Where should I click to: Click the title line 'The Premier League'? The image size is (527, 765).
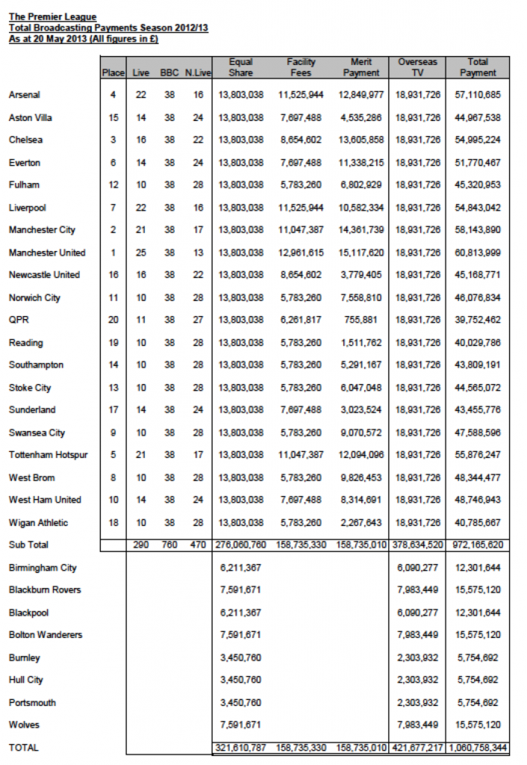click(x=52, y=16)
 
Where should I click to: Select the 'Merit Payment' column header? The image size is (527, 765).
click(x=361, y=67)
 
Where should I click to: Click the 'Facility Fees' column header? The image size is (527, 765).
click(x=301, y=67)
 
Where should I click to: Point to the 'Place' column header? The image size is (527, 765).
click(x=113, y=72)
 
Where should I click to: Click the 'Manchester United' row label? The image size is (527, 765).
click(x=47, y=253)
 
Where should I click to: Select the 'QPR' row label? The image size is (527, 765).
click(x=19, y=320)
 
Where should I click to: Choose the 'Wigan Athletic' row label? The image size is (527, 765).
click(x=40, y=522)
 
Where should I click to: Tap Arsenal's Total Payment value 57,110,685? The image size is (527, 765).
click(x=478, y=95)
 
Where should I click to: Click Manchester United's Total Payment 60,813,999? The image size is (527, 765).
click(x=478, y=253)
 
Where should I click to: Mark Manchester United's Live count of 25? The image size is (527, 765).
click(x=140, y=253)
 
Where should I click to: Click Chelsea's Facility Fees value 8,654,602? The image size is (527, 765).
click(x=301, y=140)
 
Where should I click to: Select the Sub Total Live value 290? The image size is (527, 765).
click(x=140, y=545)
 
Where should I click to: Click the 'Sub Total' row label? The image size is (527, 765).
click(x=28, y=545)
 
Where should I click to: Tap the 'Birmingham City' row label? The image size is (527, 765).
click(x=43, y=568)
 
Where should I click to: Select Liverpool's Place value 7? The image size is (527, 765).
click(x=113, y=208)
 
